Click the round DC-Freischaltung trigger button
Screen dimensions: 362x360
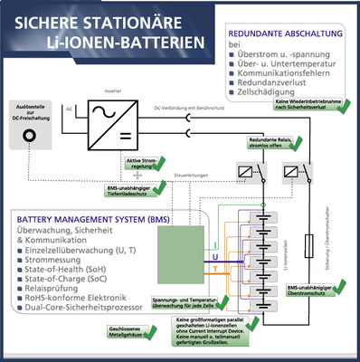(x=31, y=136)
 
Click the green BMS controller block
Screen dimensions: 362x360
(x=182, y=259)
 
